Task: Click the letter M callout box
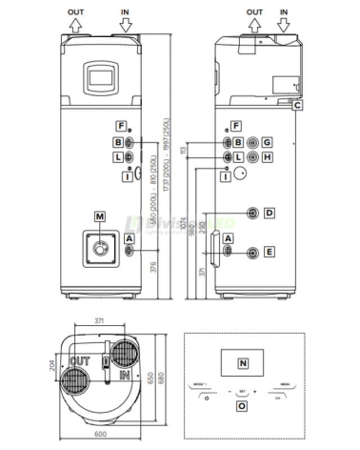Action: [x=100, y=215]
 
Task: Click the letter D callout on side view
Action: [x=270, y=212]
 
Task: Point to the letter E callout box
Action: [x=270, y=252]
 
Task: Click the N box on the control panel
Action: [x=242, y=364]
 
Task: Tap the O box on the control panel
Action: [x=242, y=405]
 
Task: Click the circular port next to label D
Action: [x=253, y=212]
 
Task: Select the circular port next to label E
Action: [x=253, y=252]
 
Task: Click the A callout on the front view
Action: [x=130, y=238]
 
